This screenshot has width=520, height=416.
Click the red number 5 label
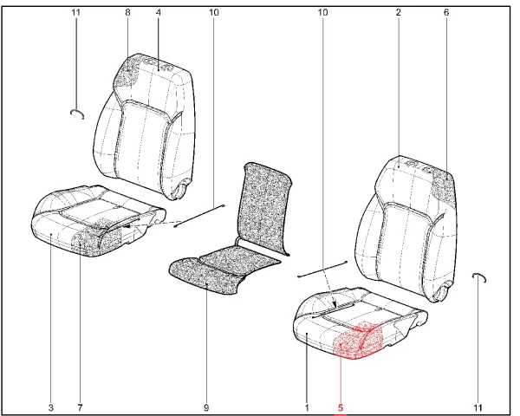point(341,407)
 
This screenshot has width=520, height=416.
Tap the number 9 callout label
point(206,407)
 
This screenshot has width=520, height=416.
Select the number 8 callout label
point(127,13)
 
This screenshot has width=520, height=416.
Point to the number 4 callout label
point(159,13)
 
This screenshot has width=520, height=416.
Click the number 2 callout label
point(399,13)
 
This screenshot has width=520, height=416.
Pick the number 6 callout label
point(446,13)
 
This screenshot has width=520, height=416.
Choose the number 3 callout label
point(51,407)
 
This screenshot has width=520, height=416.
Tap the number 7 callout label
point(80,407)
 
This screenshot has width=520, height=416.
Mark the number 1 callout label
point(307,407)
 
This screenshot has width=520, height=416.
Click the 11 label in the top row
point(76,13)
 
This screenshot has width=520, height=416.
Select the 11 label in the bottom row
point(478,407)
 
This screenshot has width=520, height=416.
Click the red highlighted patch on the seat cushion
point(359,341)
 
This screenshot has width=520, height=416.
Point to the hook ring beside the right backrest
point(479,276)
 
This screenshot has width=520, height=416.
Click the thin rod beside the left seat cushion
point(199,216)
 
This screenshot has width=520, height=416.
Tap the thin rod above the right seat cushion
point(322,269)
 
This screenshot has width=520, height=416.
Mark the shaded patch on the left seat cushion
point(96,238)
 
